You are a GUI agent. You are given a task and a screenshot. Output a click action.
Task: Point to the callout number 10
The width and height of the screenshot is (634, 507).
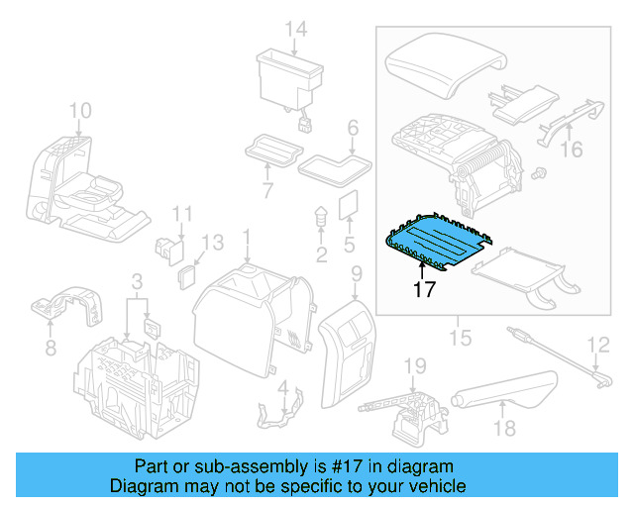pyautogui.click(x=79, y=109)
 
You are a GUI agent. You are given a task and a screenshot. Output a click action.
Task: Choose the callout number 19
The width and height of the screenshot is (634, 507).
pyautogui.click(x=414, y=366)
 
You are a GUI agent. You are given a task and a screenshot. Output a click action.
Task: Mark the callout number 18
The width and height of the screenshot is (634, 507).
pyautogui.click(x=505, y=428)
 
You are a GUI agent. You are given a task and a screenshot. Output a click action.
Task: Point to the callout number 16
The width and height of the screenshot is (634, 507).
pyautogui.click(x=572, y=150)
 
